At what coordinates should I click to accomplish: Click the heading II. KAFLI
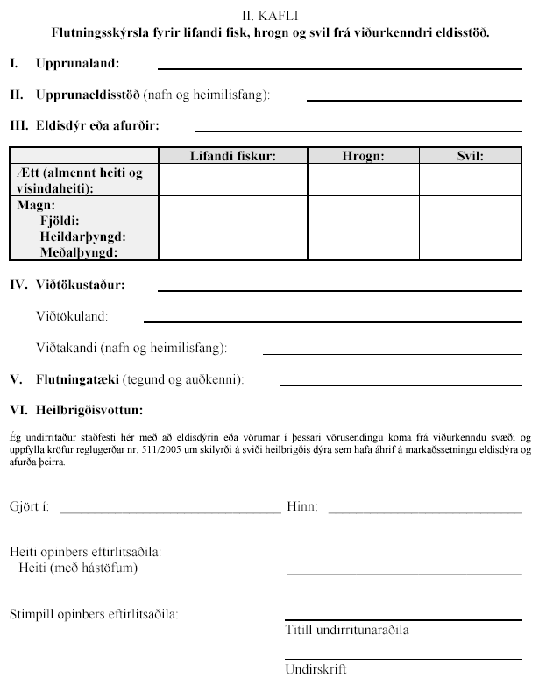(x=269, y=16)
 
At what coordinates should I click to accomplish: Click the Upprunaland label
(x=78, y=64)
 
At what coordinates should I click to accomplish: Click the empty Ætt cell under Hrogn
(x=363, y=180)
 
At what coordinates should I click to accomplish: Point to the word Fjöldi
(x=60, y=222)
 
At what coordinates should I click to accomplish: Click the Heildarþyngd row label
(x=82, y=237)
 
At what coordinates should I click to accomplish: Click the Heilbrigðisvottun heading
(x=89, y=410)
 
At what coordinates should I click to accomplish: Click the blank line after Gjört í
(x=168, y=511)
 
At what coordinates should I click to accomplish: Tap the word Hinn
(x=302, y=507)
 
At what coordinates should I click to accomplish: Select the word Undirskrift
(x=316, y=670)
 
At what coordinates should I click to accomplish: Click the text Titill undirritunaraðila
(x=346, y=630)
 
